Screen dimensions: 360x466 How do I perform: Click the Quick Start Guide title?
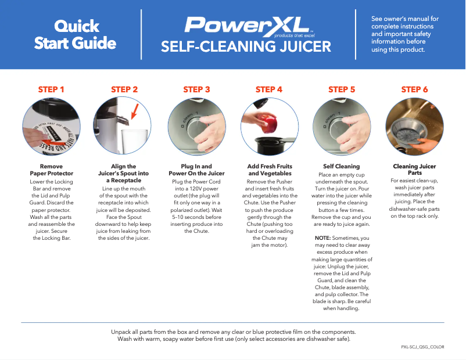[x=75, y=34]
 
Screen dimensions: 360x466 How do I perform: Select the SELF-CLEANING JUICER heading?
[x=246, y=46]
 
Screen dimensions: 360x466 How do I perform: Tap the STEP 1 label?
[x=51, y=89]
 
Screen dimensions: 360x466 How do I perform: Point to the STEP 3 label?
[x=196, y=89]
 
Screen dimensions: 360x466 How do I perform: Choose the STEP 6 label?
[x=414, y=89]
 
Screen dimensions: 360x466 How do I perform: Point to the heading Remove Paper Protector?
[x=51, y=170]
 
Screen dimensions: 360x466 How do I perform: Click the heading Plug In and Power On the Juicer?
[x=196, y=170]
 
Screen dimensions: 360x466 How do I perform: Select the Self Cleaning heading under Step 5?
[x=342, y=167]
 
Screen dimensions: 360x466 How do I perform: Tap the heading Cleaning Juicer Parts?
[x=414, y=170]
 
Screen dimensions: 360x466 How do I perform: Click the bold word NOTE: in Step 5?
[x=322, y=239]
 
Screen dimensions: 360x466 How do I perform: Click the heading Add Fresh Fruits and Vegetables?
[x=269, y=170]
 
